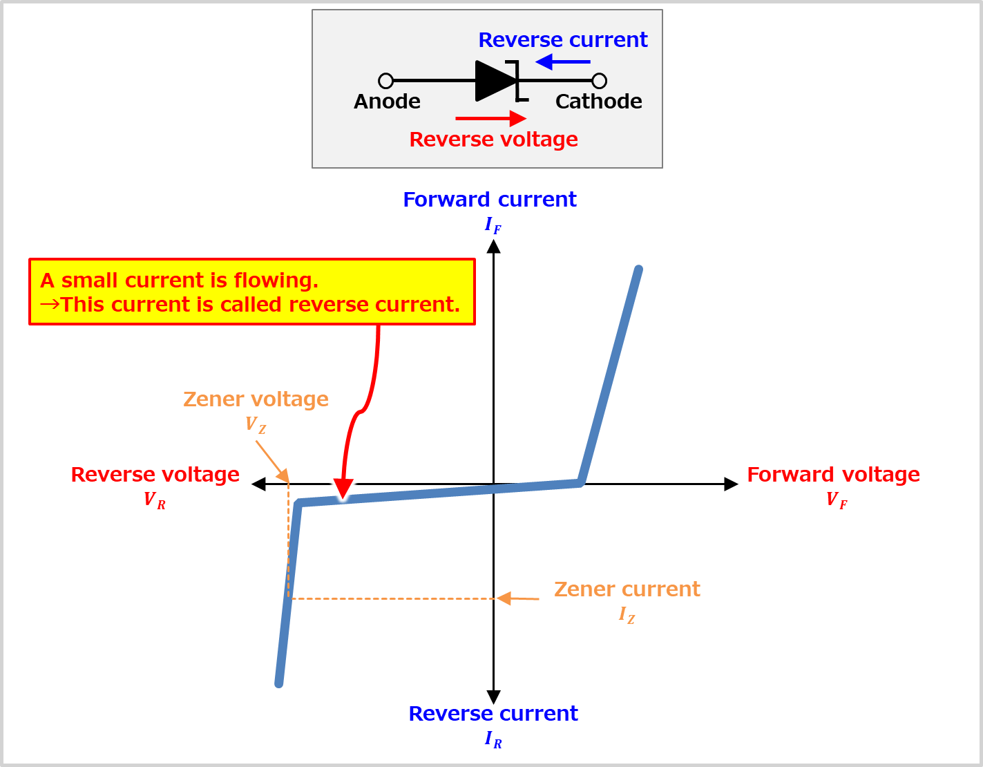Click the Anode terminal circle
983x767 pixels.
[x=386, y=81]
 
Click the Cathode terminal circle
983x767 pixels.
[x=600, y=81]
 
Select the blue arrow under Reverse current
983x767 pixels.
[x=562, y=62]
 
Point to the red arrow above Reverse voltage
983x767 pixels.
[x=491, y=119]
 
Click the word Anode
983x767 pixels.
[x=387, y=102]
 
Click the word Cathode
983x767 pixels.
[x=598, y=102]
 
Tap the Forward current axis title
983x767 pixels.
[x=490, y=200]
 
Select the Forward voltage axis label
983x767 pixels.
[x=833, y=475]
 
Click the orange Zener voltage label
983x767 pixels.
[x=256, y=399]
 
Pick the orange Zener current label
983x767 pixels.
[x=627, y=589]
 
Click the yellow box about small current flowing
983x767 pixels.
[x=252, y=292]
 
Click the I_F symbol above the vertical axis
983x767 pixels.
[x=493, y=225]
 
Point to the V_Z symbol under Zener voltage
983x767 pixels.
[x=255, y=425]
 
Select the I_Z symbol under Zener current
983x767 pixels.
[x=627, y=614]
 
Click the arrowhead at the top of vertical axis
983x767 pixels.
[x=493, y=247]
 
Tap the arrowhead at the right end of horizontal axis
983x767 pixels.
[x=731, y=484]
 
